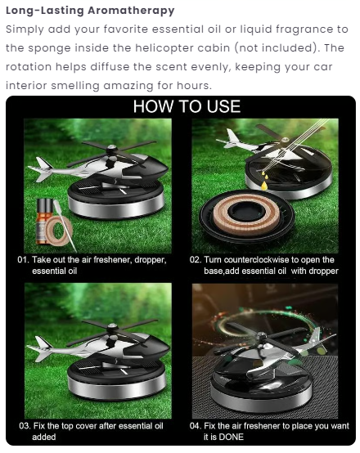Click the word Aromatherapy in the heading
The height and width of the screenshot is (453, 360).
coord(131,11)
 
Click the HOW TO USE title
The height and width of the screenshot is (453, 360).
coord(187,106)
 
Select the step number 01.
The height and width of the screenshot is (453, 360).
coord(24,259)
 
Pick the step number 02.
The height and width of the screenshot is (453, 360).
coord(196,259)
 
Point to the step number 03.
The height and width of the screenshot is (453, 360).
coord(25,426)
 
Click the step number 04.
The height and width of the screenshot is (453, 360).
coord(196,426)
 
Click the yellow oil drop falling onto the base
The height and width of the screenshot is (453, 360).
coord(263,186)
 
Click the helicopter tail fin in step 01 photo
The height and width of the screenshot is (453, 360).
coord(43,169)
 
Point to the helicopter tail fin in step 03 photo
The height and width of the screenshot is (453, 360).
coord(43,349)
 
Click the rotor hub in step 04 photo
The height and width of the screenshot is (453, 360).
coord(262,336)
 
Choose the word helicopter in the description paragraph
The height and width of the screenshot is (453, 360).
coord(164,48)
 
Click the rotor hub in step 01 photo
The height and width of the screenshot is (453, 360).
coord(111,150)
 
